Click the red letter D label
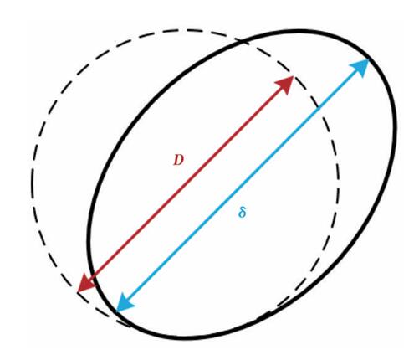179,160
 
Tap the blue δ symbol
243,213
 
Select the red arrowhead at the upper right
284,85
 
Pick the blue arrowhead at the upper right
360,68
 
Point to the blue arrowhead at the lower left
125,301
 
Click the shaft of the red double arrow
186,184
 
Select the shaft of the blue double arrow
243,185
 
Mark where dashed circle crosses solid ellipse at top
244,43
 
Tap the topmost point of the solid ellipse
299,32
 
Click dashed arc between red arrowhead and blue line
307,90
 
